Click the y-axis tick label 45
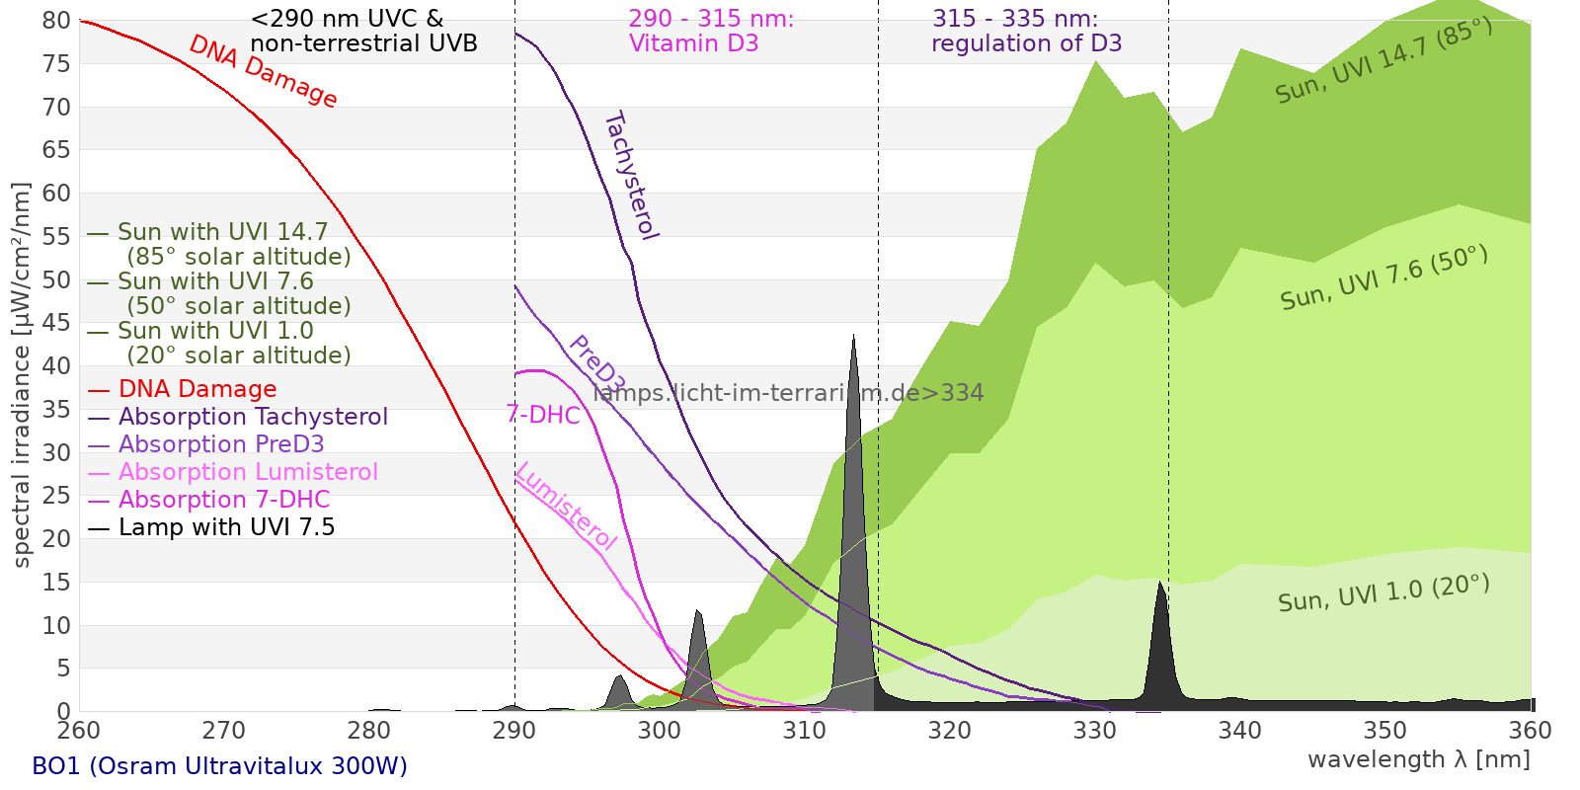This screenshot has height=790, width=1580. point(56,323)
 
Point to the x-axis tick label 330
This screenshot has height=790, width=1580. point(1095,731)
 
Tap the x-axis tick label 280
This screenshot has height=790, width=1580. point(369,731)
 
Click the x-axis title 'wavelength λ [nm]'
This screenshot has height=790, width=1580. point(1419,760)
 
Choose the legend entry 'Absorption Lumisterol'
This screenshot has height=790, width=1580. point(248,472)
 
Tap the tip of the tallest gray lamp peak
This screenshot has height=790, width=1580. point(853,335)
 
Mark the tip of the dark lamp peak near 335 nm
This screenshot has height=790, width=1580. point(1159,582)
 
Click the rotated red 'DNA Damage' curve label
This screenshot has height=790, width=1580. point(263,71)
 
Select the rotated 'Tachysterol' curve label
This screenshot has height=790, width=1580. point(632,176)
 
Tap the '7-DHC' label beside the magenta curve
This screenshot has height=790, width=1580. point(543,415)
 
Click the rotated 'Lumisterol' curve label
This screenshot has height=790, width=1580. point(566,506)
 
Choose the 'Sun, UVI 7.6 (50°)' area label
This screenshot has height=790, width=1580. point(1384,277)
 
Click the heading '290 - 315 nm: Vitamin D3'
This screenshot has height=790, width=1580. point(711,31)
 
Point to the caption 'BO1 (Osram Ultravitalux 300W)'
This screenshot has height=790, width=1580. point(220,766)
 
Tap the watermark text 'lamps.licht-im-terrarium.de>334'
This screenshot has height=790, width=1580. point(788,393)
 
